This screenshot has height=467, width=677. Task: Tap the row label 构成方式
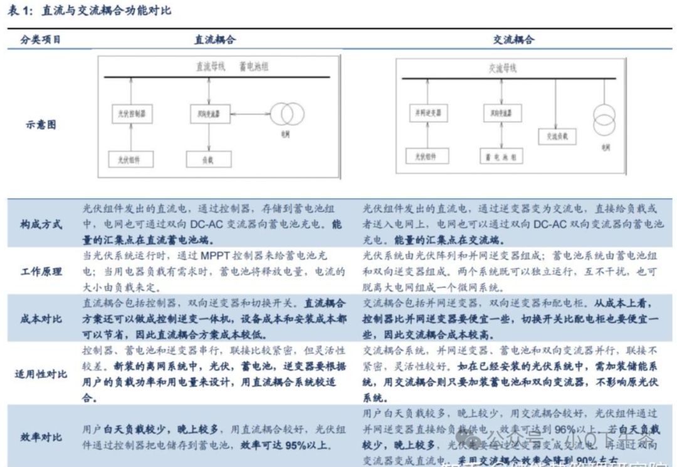pos(41,225)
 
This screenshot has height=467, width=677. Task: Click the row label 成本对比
pos(41,319)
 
